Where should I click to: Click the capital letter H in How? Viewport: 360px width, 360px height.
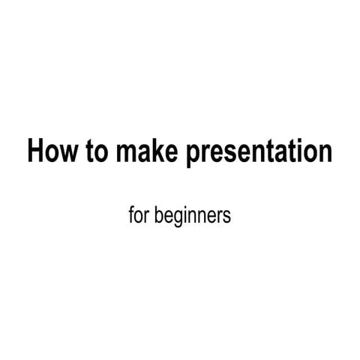coord(35,151)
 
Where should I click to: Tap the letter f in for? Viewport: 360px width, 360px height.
coord(132,216)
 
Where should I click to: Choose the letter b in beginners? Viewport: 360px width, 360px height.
coord(157,216)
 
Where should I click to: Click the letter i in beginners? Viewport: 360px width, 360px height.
coord(184,216)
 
